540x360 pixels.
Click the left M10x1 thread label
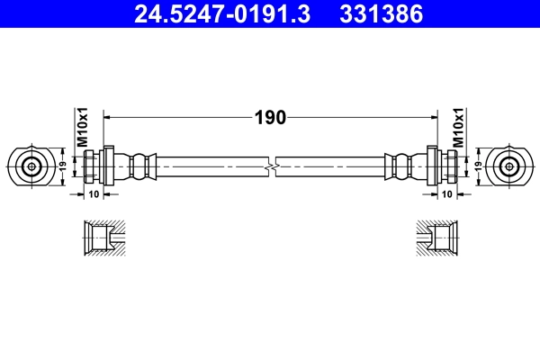tap(80, 127)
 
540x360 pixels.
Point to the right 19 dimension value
tap(478, 166)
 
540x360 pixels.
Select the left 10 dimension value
tap(95, 194)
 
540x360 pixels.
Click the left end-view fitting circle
tap(31, 166)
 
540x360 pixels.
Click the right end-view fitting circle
tap(509, 166)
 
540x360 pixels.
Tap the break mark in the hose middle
tap(271, 166)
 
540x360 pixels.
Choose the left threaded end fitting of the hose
tap(97, 166)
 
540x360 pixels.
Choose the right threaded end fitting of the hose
tap(443, 166)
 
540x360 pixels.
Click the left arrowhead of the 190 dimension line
tap(111, 117)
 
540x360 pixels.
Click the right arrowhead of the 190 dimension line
tap(431, 117)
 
